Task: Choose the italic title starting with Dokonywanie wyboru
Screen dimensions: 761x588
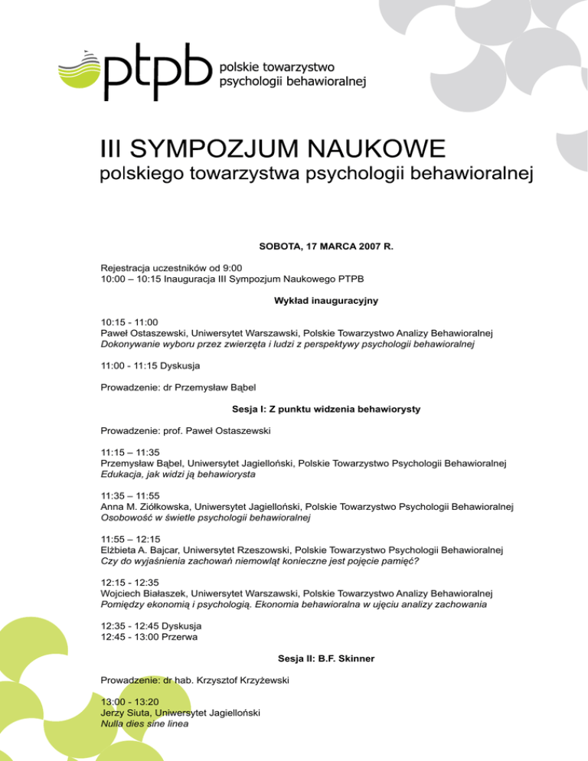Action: click(288, 345)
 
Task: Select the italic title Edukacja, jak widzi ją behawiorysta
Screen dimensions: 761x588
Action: click(178, 475)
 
